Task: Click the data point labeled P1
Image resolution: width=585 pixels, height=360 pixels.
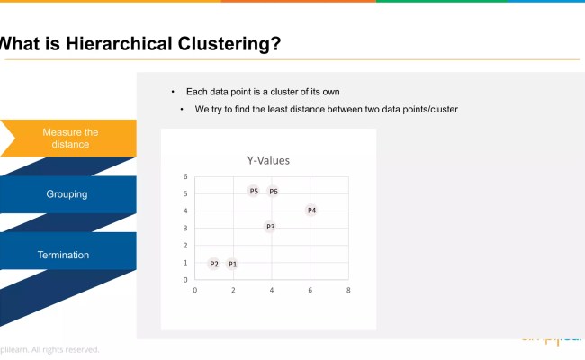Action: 232,264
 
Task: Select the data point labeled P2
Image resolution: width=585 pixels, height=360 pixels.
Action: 213,264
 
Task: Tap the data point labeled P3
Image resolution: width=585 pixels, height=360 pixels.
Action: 270,227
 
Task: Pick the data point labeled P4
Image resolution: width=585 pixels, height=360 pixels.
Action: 311,210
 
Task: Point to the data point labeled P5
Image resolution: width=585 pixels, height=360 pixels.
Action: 254,192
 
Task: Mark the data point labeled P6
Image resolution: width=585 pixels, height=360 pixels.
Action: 273,192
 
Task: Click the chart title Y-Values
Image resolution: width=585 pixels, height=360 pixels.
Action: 268,160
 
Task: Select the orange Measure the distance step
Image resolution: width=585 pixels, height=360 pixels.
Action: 70,138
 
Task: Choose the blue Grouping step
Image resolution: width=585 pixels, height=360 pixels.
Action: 67,194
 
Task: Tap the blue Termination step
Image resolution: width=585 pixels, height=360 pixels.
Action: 63,255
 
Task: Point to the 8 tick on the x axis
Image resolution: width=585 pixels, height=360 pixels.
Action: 348,290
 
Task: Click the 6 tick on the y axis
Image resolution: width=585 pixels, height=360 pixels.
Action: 185,176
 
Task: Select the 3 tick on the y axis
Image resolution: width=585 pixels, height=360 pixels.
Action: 185,228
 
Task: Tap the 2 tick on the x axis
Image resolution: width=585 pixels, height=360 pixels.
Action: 233,290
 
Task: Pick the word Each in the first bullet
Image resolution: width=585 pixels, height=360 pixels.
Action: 195,92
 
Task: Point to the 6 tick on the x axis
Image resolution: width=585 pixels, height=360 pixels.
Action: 310,290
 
